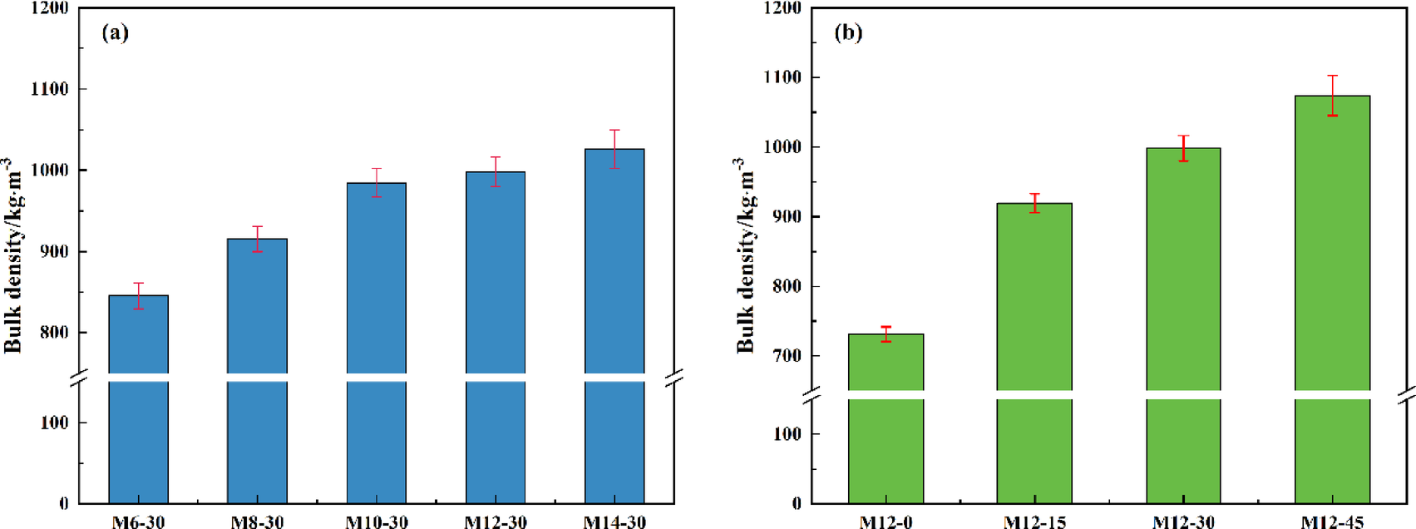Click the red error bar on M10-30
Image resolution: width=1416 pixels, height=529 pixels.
[x=377, y=182]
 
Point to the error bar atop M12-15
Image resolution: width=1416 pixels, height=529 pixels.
[x=1034, y=203]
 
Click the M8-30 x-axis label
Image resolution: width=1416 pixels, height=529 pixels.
[x=257, y=522]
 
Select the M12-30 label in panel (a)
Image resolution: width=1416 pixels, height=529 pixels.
[x=496, y=522]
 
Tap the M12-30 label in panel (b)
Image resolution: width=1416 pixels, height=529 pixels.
[x=1183, y=522]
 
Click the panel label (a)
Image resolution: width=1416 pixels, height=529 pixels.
[x=115, y=32]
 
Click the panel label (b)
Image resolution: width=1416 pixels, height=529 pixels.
[x=848, y=32]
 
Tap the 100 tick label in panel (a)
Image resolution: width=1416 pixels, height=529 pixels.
[x=55, y=423]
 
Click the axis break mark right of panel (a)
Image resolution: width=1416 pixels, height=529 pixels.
[x=674, y=378]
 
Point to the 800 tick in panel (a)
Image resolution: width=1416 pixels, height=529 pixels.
[x=55, y=333]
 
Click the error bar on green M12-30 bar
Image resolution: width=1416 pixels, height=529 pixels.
[x=1183, y=148]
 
